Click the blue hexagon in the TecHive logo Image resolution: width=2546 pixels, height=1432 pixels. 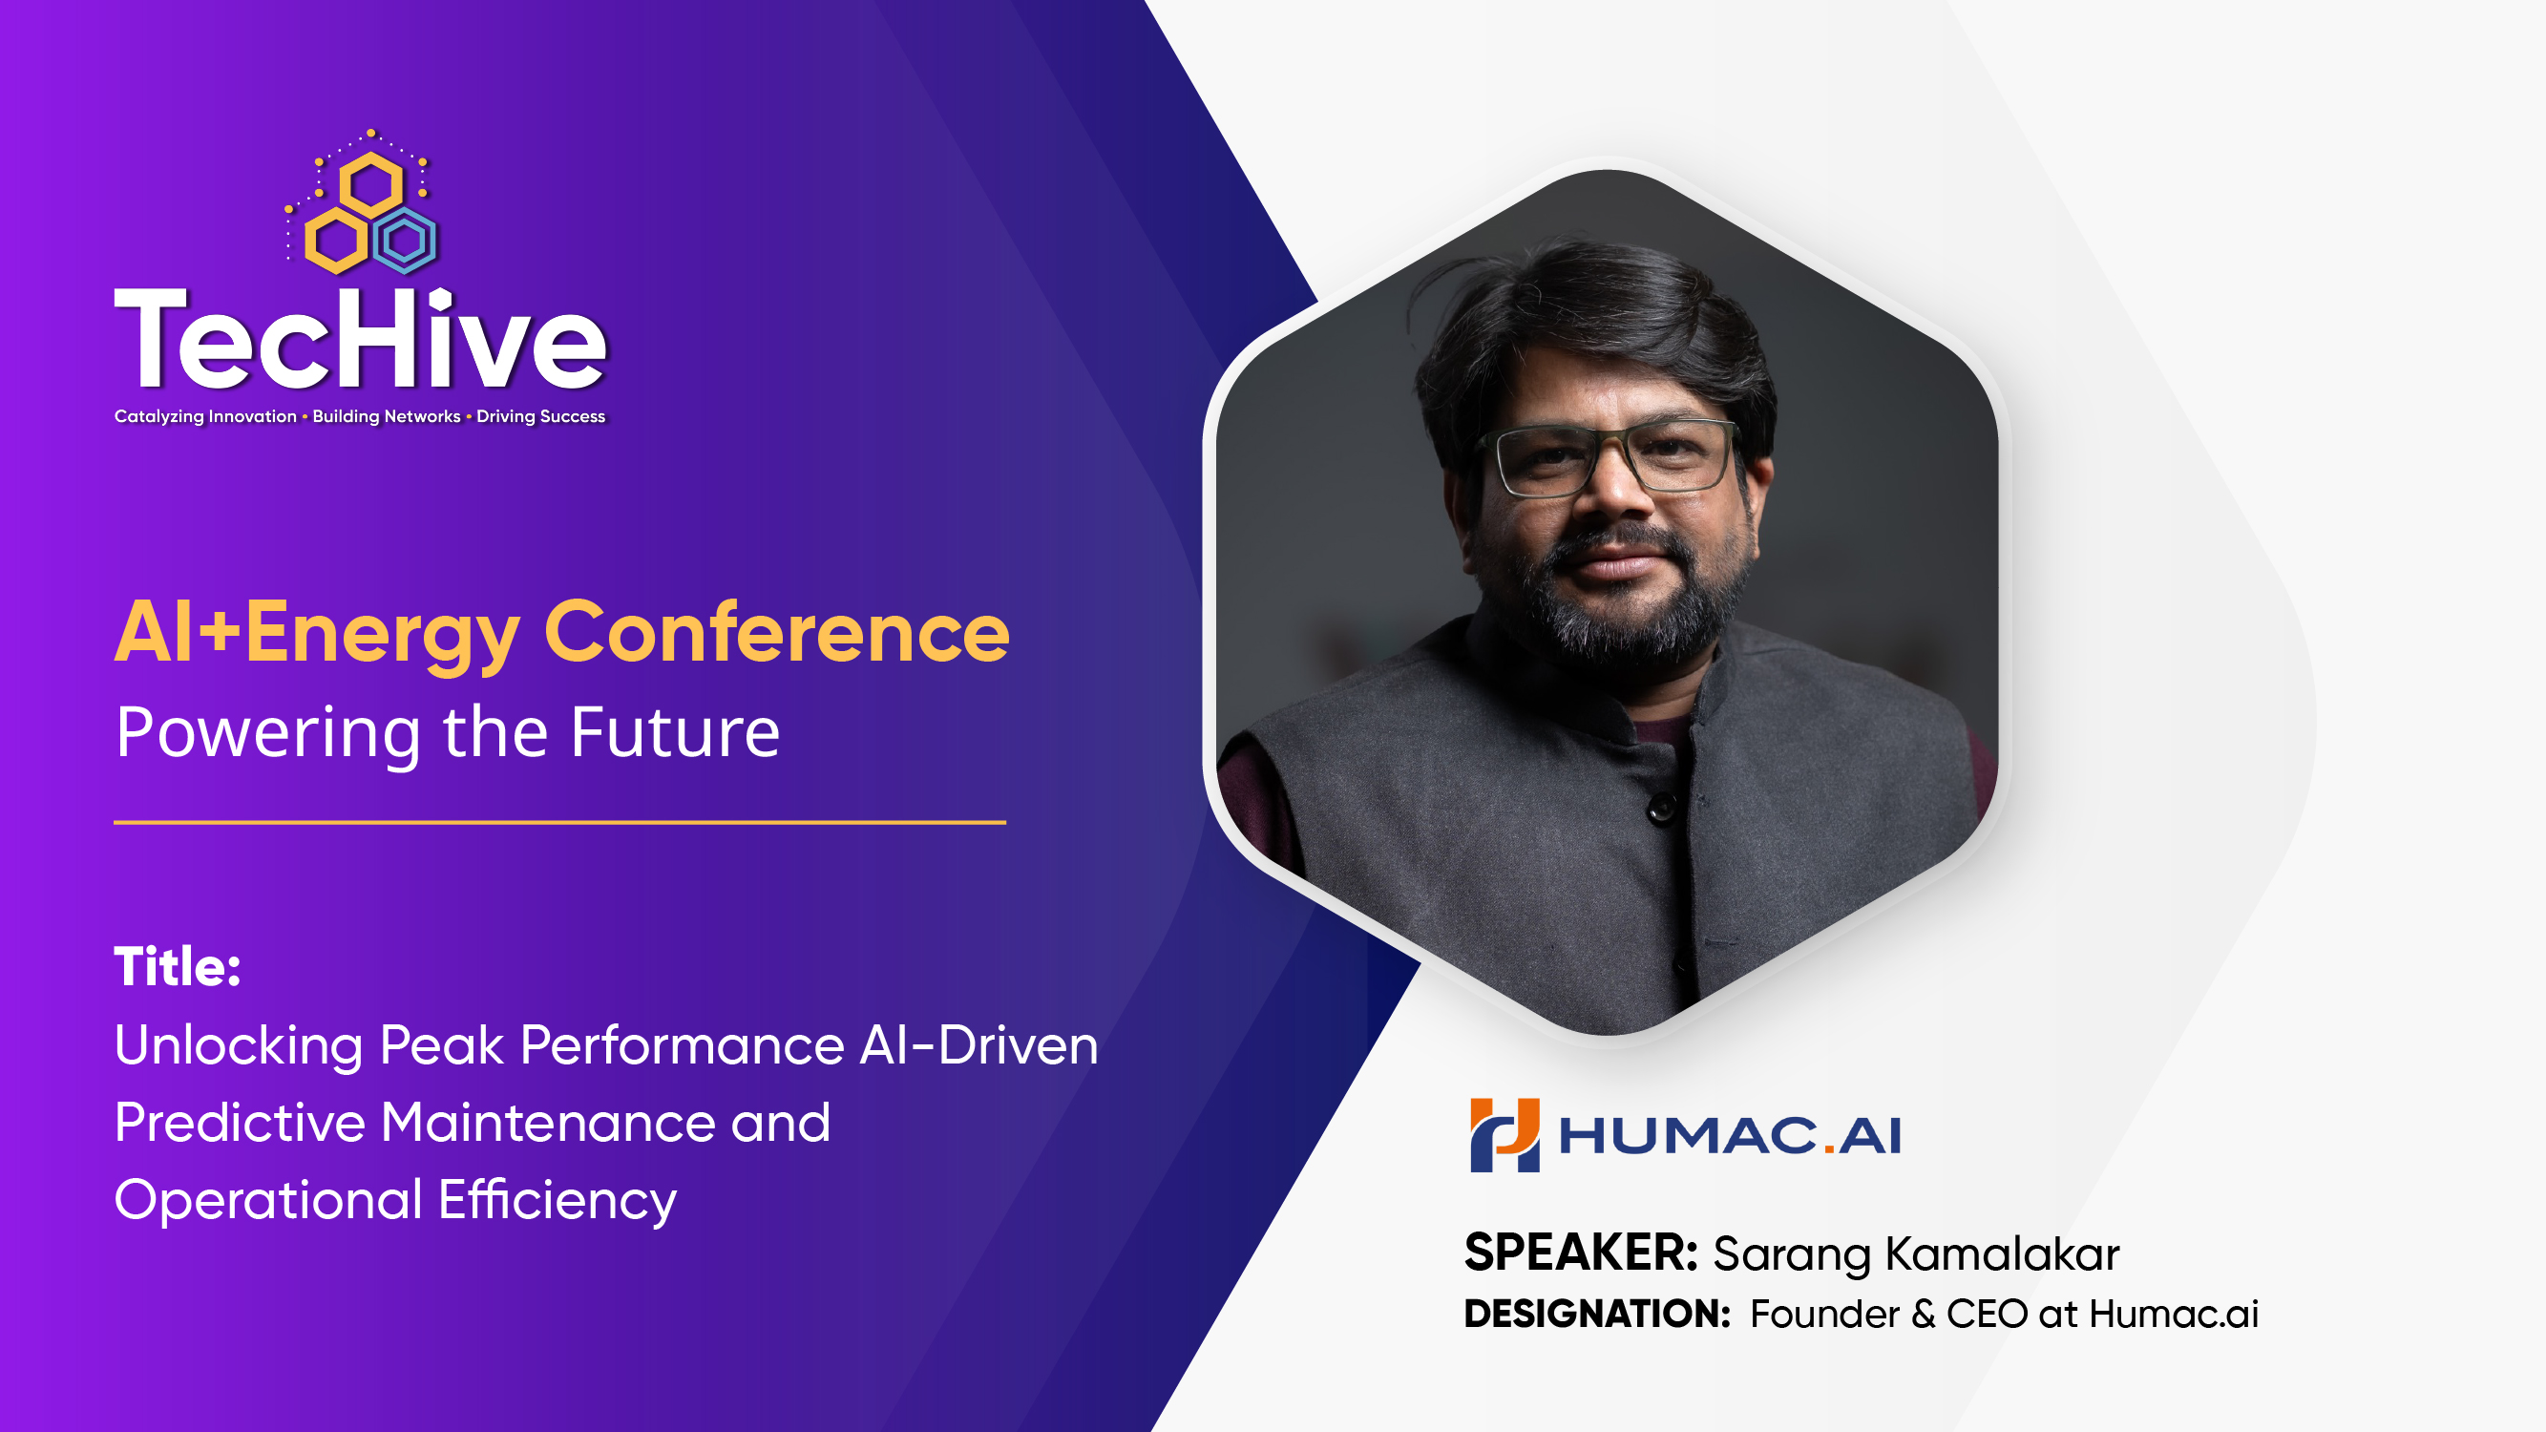pyautogui.click(x=405, y=241)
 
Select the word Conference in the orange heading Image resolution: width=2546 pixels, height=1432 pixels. pyautogui.click(x=777, y=633)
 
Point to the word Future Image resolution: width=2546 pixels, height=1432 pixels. pyautogui.click(x=675, y=732)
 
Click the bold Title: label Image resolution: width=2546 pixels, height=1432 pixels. pyautogui.click(x=178, y=966)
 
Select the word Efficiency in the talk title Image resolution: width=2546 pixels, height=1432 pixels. pyautogui.click(x=558, y=1200)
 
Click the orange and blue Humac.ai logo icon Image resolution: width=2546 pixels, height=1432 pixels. pyautogui.click(x=1504, y=1134)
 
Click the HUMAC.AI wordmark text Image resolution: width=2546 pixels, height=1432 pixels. pyautogui.click(x=1730, y=1136)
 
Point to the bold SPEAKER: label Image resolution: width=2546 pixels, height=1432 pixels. pyautogui.click(x=1580, y=1253)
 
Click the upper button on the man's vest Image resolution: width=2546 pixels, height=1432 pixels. pyautogui.click(x=1662, y=809)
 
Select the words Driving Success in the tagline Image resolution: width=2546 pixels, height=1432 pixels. pyautogui.click(x=540, y=416)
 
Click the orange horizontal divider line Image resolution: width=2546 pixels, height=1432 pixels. pyautogui.click(x=559, y=822)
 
